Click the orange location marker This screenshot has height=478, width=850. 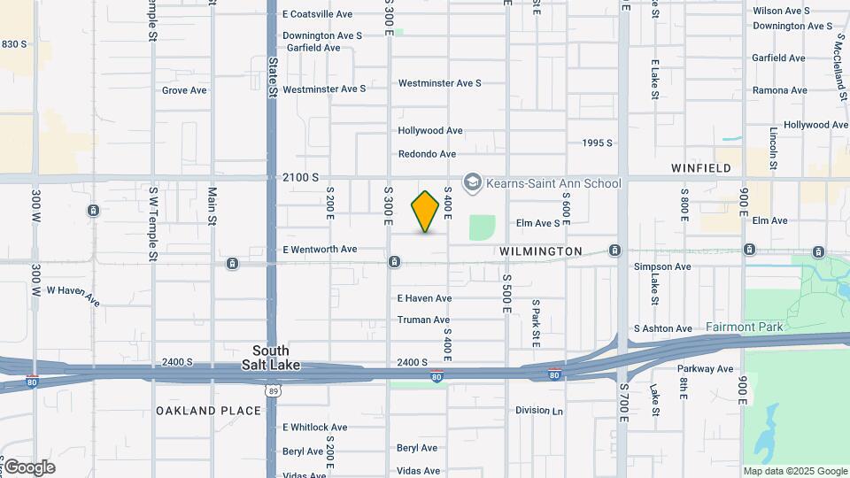(x=425, y=212)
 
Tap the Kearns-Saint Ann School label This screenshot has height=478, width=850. (x=552, y=183)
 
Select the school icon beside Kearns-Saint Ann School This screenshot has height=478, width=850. (x=473, y=183)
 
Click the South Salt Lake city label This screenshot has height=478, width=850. (x=270, y=358)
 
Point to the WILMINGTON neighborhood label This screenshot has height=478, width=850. (x=540, y=251)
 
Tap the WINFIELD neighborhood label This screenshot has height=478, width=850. (x=701, y=167)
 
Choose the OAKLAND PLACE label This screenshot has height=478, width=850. (x=209, y=411)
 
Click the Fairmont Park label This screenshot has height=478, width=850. (x=744, y=327)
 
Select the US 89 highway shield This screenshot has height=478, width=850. (x=272, y=388)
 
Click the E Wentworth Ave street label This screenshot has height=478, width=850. (x=320, y=249)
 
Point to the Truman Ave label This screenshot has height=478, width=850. (x=423, y=320)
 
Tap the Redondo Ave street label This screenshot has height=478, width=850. (x=427, y=154)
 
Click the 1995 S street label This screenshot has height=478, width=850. (x=598, y=143)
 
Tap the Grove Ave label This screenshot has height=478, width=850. (x=184, y=90)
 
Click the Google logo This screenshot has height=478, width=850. (x=28, y=466)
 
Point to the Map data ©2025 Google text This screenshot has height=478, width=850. (x=794, y=471)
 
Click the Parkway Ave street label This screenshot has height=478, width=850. (x=706, y=368)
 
